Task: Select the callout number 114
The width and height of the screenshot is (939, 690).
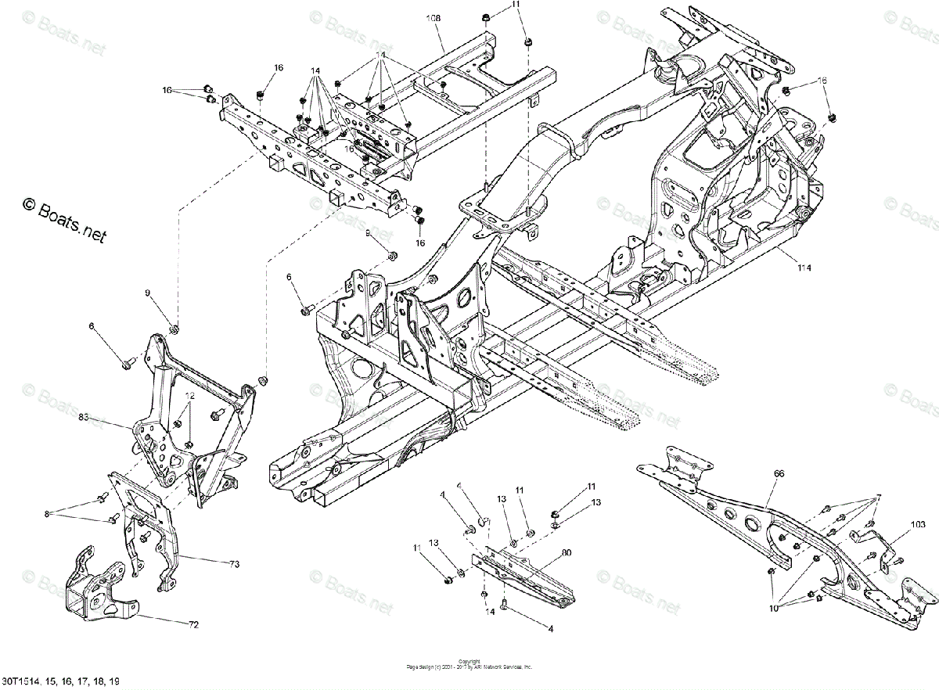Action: [804, 268]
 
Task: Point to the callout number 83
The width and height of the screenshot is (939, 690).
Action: [84, 419]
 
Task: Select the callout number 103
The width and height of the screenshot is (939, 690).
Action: [878, 497]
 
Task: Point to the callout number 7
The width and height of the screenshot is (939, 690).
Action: [878, 497]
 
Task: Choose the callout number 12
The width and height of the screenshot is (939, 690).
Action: [189, 397]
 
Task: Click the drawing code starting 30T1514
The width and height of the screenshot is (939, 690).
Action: [60, 683]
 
